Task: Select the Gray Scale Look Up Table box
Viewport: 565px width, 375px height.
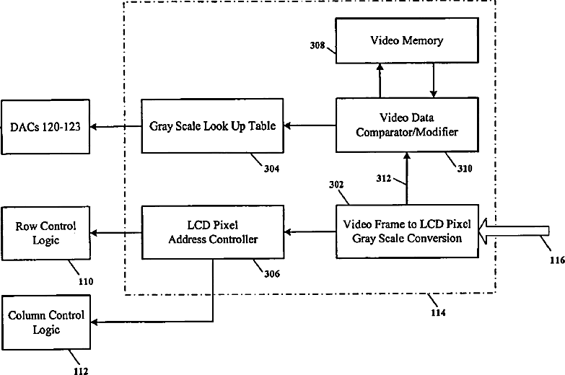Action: pyautogui.click(x=212, y=125)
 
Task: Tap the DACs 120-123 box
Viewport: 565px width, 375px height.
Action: pyautogui.click(x=45, y=128)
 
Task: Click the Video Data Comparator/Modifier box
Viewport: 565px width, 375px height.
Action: pyautogui.click(x=407, y=125)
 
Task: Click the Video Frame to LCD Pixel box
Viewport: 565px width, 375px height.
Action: pyautogui.click(x=407, y=231)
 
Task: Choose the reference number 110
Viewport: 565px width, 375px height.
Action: pyautogui.click(x=86, y=281)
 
